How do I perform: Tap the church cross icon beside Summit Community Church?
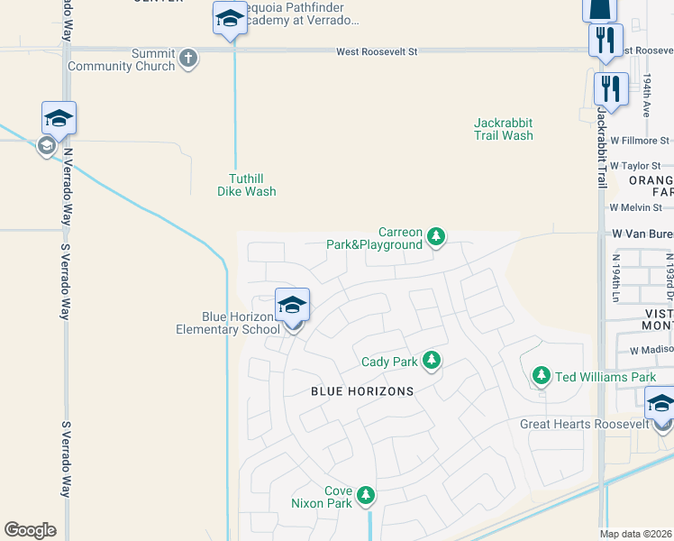click(x=188, y=59)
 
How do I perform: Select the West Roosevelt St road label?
click(x=378, y=52)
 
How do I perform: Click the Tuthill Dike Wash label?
click(x=247, y=185)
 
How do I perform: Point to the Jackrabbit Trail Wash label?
click(x=504, y=129)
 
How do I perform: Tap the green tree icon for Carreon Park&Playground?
click(x=437, y=237)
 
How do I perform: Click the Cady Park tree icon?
click(x=432, y=361)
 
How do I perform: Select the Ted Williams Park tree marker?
click(x=541, y=375)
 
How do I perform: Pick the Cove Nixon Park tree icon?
click(x=366, y=495)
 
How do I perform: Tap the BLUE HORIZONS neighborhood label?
click(x=362, y=391)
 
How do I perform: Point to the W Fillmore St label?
click(x=640, y=141)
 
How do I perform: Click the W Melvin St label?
click(x=637, y=207)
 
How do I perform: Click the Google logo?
click(x=30, y=530)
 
